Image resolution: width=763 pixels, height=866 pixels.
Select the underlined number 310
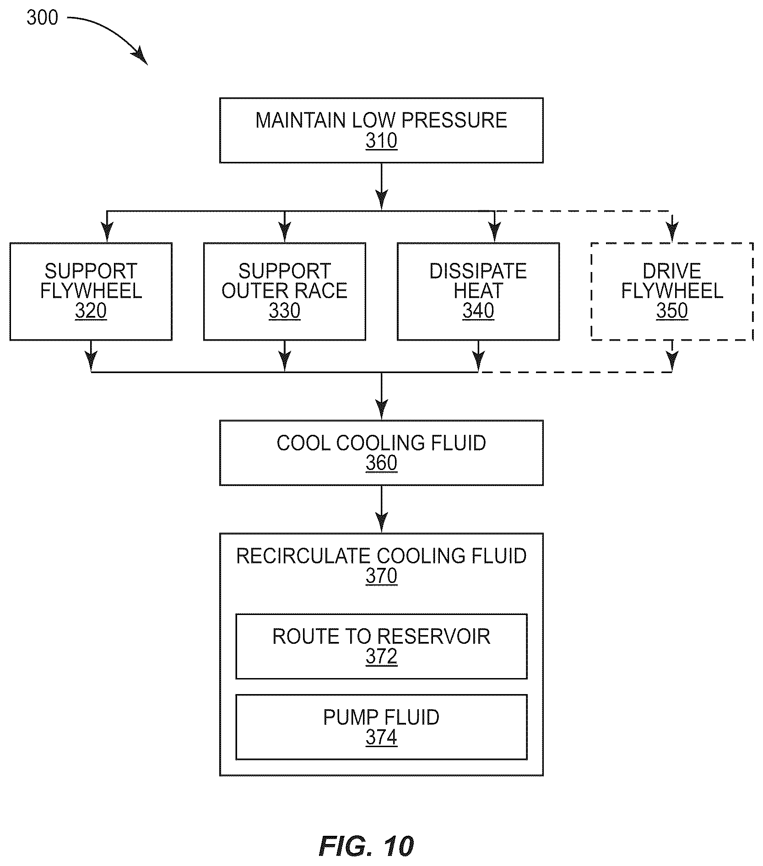click(381, 141)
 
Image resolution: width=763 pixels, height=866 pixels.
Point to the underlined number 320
click(91, 311)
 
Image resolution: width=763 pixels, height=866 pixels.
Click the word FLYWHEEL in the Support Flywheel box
click(91, 291)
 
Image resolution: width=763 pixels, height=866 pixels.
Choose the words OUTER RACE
click(284, 291)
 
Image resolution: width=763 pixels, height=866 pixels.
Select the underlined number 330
click(284, 311)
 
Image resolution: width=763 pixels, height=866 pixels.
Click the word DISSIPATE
click(478, 271)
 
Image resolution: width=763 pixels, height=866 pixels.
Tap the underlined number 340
click(478, 311)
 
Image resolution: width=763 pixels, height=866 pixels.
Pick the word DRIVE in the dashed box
click(671, 271)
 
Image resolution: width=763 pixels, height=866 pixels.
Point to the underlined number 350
click(672, 311)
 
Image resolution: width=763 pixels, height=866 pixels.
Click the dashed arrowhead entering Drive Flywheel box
click(672, 234)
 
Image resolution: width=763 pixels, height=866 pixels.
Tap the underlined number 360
click(381, 463)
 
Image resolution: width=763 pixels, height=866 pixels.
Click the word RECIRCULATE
click(303, 556)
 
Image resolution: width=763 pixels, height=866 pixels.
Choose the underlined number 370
click(381, 576)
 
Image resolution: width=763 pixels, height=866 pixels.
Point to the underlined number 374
click(381, 738)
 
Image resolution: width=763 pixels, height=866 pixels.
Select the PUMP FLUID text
click(381, 717)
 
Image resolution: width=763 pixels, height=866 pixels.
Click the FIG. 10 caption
click(366, 846)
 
